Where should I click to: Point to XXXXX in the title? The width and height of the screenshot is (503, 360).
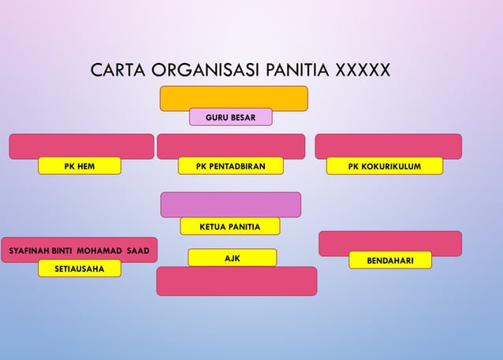(x=363, y=71)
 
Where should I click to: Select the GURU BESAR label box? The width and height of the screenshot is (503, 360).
(x=230, y=117)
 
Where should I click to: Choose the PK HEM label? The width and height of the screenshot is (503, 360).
(x=80, y=165)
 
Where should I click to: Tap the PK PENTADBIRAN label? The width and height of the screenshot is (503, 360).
(x=230, y=165)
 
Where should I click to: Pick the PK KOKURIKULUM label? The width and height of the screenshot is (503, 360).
(x=385, y=165)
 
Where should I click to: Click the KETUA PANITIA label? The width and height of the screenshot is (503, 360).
(x=230, y=227)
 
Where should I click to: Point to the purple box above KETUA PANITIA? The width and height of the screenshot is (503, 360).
(x=230, y=203)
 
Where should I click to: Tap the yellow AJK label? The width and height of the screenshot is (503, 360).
(x=233, y=258)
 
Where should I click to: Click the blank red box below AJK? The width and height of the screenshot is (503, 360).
(x=237, y=282)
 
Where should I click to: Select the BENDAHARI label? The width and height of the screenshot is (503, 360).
(x=389, y=260)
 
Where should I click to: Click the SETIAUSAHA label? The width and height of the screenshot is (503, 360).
(x=80, y=269)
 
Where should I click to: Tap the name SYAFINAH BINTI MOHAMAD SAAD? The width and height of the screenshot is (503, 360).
(x=78, y=250)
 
